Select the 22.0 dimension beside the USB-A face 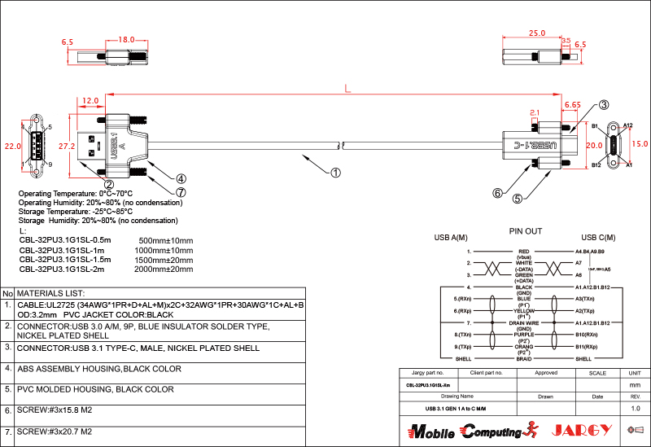(x=12, y=147)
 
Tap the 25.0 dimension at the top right (x=536, y=34)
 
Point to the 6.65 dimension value (x=572, y=105)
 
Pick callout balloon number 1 (x=336, y=172)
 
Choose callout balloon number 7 (x=181, y=193)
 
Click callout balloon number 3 (x=604, y=105)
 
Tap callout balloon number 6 (x=497, y=193)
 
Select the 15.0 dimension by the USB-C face (x=640, y=144)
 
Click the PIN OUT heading (x=525, y=231)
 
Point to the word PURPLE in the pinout (x=524, y=334)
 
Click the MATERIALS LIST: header (x=50, y=293)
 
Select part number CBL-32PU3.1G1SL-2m (x=62, y=269)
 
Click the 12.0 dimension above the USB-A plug (x=91, y=101)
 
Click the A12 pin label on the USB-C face (x=627, y=125)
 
